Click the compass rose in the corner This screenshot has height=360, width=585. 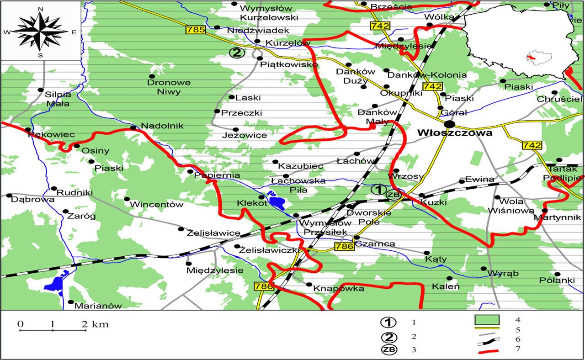click(40, 31)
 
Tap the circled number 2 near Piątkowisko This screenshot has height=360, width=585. click(236, 53)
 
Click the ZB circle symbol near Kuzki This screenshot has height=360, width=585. click(394, 195)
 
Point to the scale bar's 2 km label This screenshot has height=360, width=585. click(96, 325)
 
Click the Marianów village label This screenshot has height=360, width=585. click(98, 306)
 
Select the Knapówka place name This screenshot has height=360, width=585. click(339, 289)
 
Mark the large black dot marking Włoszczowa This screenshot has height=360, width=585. click(449, 124)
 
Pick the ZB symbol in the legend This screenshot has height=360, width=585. click(388, 350)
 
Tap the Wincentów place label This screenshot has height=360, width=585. click(156, 205)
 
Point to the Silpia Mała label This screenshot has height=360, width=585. click(58, 99)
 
